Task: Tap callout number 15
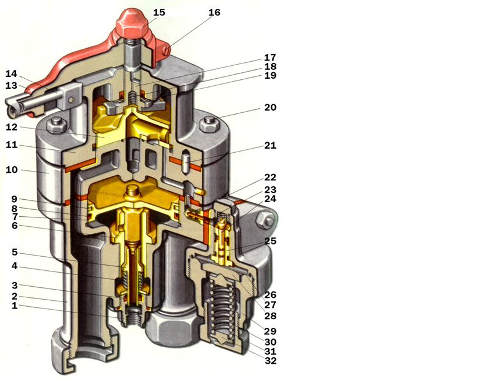pos(159,12)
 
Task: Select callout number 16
pos(214,12)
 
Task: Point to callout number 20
pos(270,108)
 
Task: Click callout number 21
pos(270,145)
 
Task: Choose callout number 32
pos(270,361)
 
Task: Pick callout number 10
pos(12,169)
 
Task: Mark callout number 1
pos(14,306)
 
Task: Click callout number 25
pos(270,241)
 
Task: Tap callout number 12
pos(12,127)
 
